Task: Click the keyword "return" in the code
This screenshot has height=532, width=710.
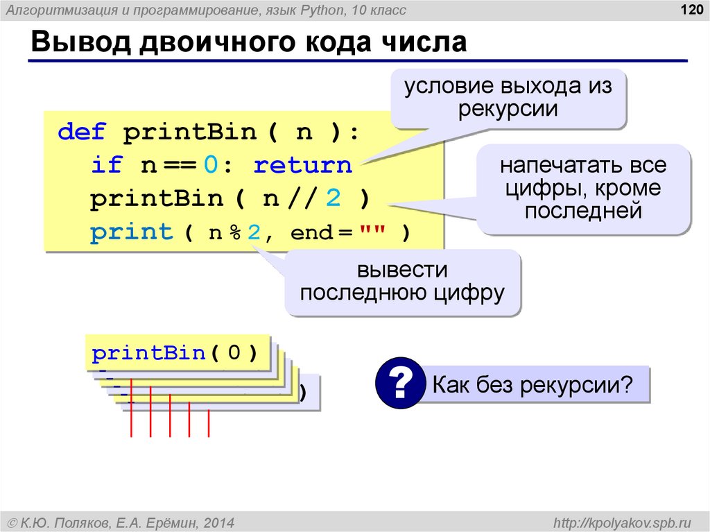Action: pos(303,165)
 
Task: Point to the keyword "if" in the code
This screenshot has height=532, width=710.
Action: pos(106,165)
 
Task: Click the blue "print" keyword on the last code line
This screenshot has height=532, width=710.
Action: pos(132,232)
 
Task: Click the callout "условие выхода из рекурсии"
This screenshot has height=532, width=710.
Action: pos(508,98)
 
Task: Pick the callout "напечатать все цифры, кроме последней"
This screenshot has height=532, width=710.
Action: pos(583,188)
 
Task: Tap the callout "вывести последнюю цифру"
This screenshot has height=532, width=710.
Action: pos(402,281)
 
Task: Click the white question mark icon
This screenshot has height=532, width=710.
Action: pos(399,383)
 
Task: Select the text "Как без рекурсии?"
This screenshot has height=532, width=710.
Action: pos(533,384)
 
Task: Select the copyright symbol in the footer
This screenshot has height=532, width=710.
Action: pos(12,522)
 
